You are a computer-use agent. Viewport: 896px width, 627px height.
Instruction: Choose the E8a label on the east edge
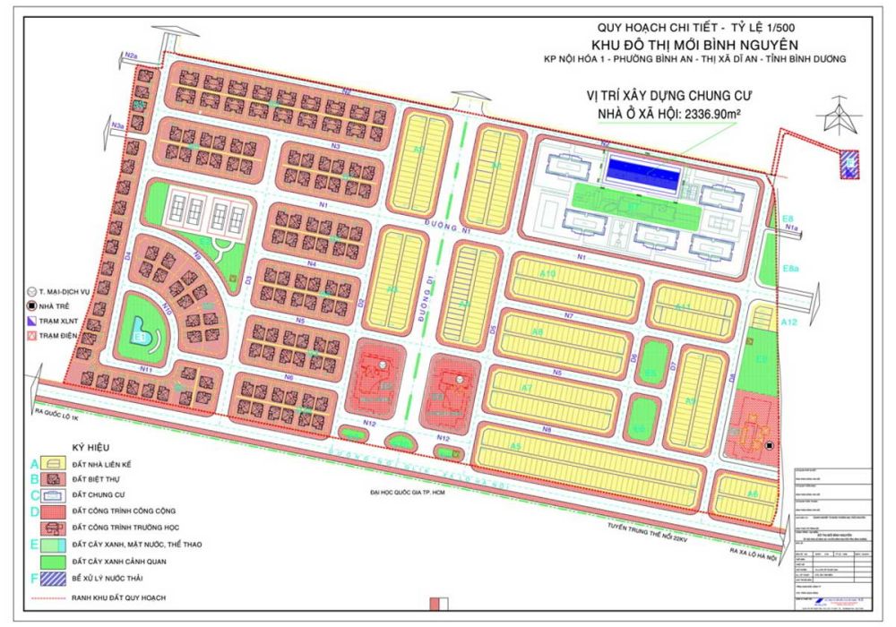(x=790, y=270)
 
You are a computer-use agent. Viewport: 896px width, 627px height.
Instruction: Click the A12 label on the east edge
(x=789, y=322)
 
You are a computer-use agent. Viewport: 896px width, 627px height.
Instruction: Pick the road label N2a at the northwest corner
(x=136, y=57)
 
